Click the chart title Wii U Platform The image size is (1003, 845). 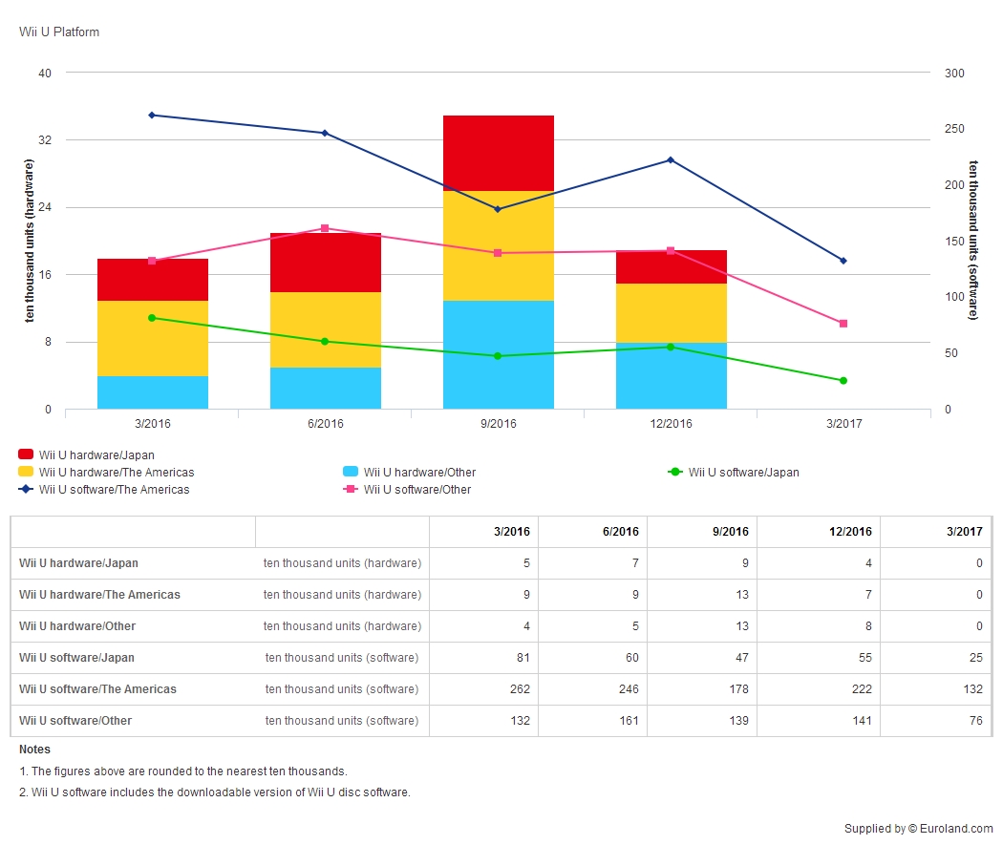pos(59,32)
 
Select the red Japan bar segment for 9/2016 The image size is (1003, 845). pos(499,154)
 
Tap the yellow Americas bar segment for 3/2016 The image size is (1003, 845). pos(153,338)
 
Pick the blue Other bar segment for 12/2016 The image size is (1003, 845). pos(671,376)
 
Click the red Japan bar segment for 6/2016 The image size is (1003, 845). pos(326,263)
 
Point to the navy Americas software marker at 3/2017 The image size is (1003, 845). pos(843,261)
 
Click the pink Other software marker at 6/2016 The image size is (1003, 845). pos(325,228)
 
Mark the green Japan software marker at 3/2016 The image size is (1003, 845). pos(152,318)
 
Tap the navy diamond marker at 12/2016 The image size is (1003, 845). pos(671,159)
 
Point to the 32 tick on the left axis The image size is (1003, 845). pos(45,140)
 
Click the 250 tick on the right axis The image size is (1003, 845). pos(954,129)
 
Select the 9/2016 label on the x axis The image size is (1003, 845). pos(499,424)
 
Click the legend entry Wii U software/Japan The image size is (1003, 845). pos(734,473)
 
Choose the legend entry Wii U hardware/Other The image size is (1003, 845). pos(410,473)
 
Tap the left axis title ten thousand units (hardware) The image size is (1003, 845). pos(29,241)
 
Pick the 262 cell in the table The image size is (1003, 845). pos(520,689)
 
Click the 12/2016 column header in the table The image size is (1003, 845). pos(850,532)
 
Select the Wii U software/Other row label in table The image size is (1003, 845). pos(75,721)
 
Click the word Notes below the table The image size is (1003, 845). pos(34,750)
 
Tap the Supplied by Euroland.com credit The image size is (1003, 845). pos(919,829)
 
